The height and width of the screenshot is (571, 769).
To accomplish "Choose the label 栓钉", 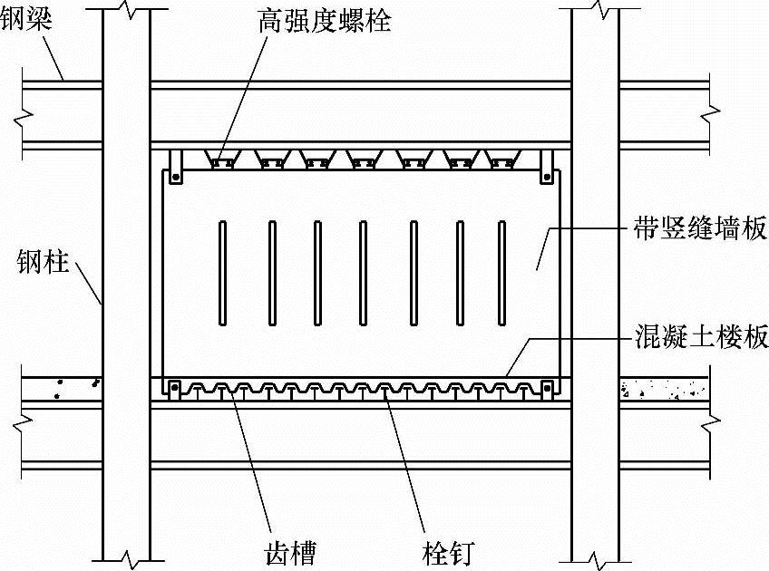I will click(x=446, y=548).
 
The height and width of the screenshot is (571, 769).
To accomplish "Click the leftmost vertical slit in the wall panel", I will click(x=222, y=272).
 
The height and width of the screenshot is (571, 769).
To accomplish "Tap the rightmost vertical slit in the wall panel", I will click(x=501, y=272).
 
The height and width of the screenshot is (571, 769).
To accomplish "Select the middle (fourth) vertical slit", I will click(x=362, y=272).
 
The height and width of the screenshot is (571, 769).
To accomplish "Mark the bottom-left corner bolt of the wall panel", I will click(x=172, y=388).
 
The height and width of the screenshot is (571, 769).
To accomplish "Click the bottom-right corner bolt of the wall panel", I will click(x=547, y=388).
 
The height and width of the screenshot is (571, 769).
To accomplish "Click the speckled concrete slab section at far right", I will click(x=664, y=390).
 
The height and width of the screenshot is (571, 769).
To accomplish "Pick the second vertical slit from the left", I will click(x=271, y=272).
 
